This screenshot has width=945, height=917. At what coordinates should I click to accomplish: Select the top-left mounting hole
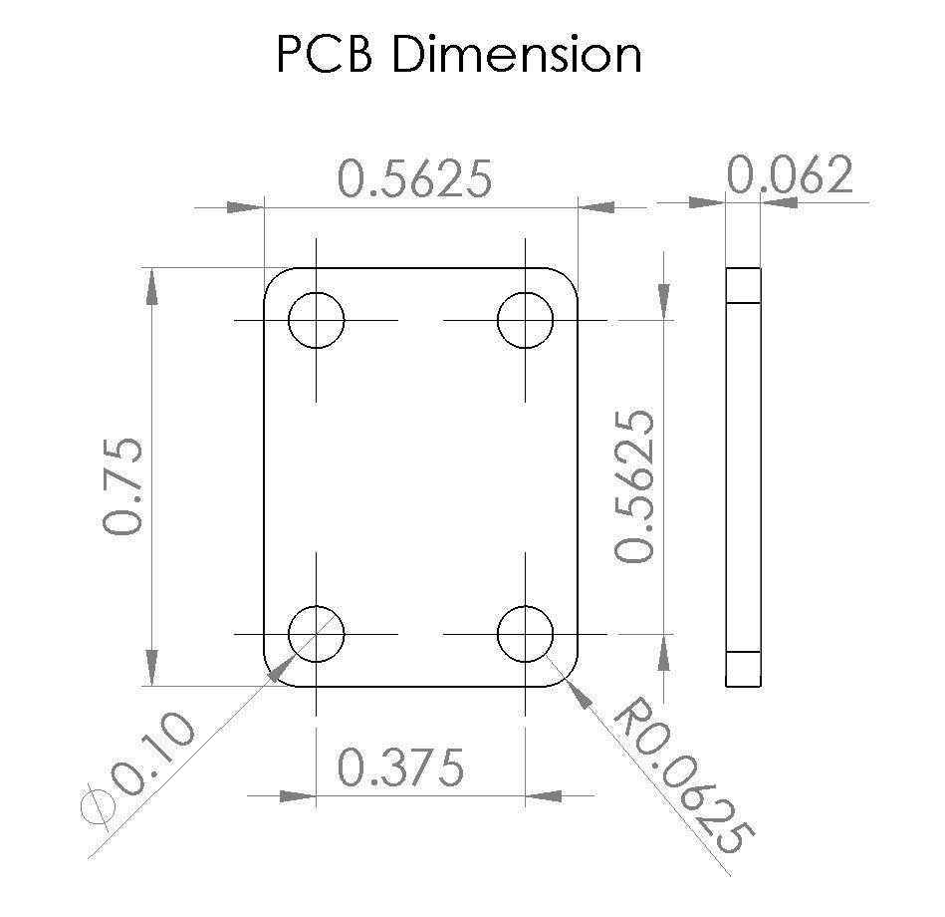(316, 320)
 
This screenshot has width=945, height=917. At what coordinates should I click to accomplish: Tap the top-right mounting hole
(526, 320)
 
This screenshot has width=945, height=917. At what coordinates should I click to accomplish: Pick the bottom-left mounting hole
(316, 633)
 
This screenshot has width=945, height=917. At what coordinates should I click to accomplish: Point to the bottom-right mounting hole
(526, 633)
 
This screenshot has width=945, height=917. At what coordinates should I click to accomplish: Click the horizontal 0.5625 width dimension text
(415, 179)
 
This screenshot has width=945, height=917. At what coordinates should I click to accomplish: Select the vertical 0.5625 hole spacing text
(635, 485)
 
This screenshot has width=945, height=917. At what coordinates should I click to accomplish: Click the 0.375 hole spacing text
(400, 767)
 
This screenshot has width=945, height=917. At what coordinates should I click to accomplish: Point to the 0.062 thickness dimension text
(790, 176)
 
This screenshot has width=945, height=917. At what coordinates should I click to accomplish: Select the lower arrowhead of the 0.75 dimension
(151, 665)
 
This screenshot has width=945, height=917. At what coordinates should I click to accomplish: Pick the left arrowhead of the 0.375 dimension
(295, 795)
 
